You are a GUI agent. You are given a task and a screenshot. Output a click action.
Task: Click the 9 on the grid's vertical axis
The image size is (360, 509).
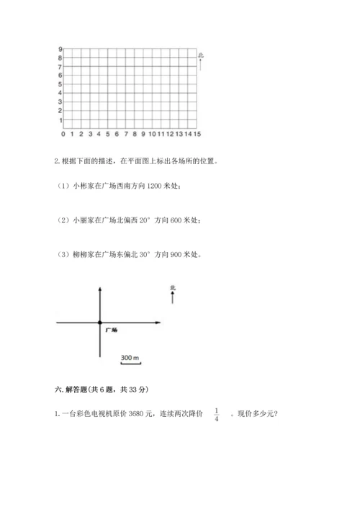[x=60, y=50]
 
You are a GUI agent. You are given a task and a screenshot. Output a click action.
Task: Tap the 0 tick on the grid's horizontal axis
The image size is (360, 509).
[x=63, y=134]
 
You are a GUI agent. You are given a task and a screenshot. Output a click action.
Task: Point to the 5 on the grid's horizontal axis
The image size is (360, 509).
[x=107, y=134]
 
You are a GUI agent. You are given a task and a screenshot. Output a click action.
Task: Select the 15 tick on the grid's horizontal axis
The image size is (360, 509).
[x=197, y=134]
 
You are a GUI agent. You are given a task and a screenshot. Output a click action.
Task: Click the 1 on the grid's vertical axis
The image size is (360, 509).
[x=60, y=120]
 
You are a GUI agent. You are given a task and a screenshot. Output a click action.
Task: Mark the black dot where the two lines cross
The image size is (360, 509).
[x=99, y=323]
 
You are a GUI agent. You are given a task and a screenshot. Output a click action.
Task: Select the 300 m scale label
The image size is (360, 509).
[x=130, y=358]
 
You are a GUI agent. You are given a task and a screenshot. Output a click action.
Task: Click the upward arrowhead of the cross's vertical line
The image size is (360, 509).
[x=99, y=287]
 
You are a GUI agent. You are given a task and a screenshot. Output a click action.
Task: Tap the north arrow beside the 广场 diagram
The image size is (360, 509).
[x=173, y=295]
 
